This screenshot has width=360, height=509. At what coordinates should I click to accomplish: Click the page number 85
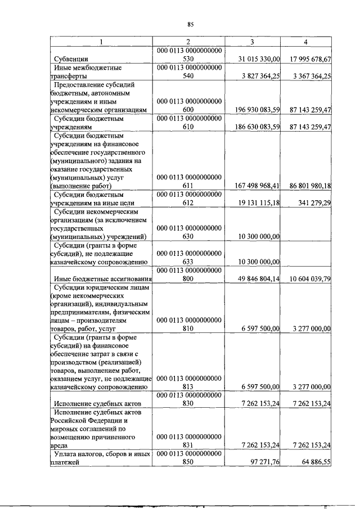(190, 24)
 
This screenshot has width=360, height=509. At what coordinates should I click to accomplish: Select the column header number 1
(101, 42)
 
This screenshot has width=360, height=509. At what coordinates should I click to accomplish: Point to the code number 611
(188, 185)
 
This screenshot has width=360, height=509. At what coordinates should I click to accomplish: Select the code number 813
(188, 387)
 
